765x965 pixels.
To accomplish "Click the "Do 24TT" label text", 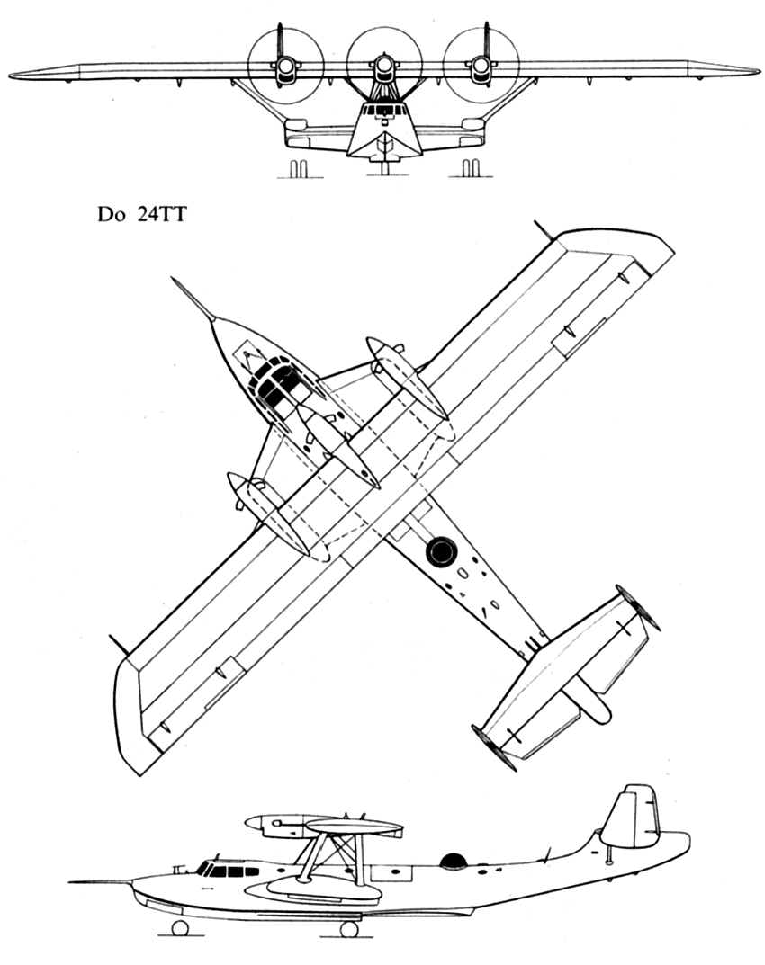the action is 141,215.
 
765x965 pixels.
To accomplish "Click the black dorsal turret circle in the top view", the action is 442,550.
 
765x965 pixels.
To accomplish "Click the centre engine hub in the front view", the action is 383,63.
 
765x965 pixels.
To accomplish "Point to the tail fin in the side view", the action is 630,817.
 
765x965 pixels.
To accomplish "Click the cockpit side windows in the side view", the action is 228,871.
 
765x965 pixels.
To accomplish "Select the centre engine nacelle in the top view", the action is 338,447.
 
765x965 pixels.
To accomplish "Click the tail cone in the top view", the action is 593,702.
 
